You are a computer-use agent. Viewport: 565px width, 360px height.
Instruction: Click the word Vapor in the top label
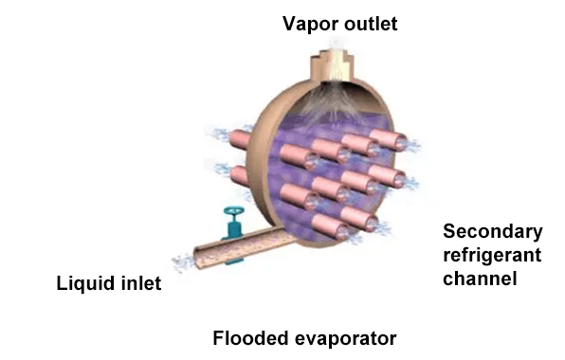click(305, 23)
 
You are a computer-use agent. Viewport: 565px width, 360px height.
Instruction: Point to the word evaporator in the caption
click(341, 337)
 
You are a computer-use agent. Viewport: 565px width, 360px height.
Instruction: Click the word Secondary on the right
click(493, 232)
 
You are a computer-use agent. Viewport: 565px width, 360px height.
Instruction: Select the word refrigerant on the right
click(491, 256)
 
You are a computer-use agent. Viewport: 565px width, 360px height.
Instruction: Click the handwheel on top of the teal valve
click(229, 213)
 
